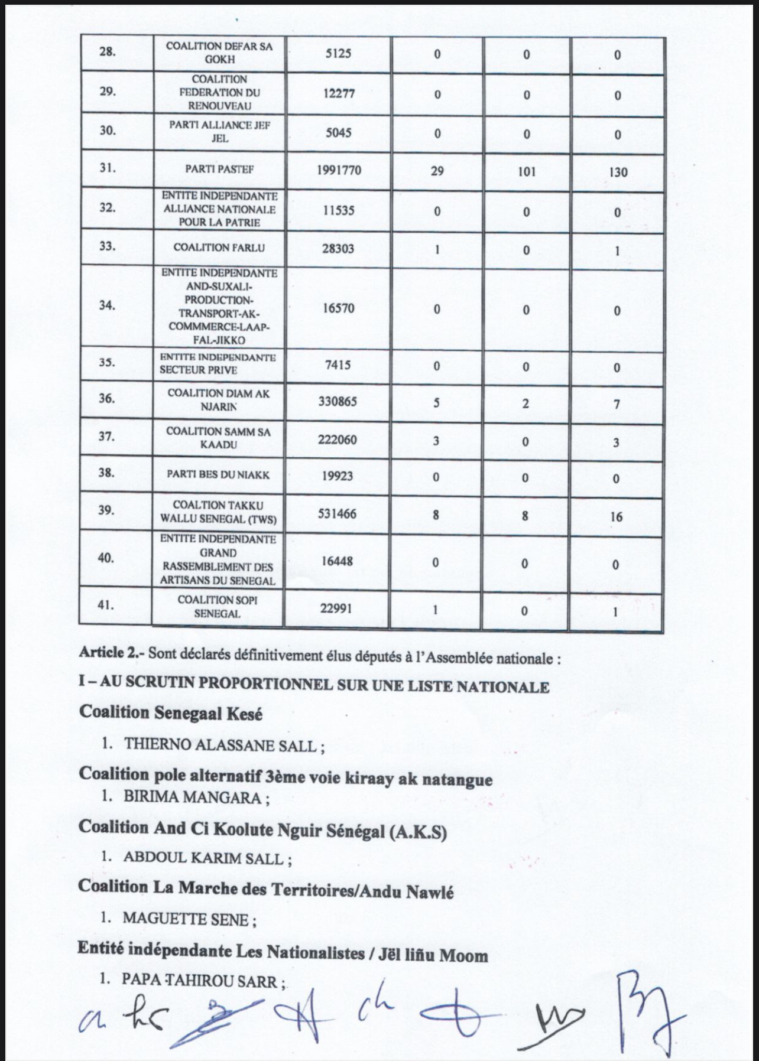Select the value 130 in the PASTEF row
point(617,173)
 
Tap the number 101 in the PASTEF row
point(526,171)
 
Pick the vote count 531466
point(338,513)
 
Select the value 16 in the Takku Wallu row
point(616,517)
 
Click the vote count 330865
point(338,402)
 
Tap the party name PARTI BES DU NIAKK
point(218,474)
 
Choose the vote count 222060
point(338,440)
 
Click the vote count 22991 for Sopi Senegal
point(336,607)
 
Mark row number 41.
point(106,605)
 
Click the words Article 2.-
point(111,654)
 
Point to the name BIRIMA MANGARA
point(192,797)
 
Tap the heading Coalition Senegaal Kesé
point(171,712)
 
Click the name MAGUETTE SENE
point(186,919)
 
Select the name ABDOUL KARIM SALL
point(203,858)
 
